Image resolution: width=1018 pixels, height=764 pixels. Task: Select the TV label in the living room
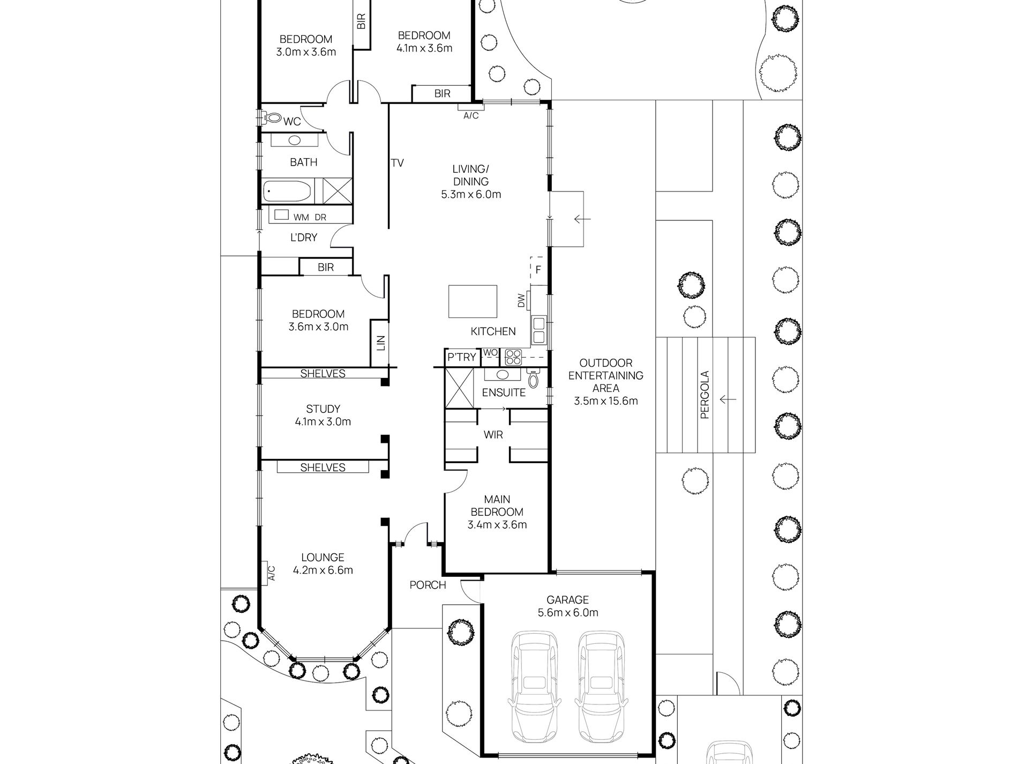397,163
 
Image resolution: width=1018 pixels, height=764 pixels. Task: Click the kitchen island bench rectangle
473,302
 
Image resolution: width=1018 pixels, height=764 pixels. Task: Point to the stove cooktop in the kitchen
513,357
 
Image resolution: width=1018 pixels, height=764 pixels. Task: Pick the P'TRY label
461,357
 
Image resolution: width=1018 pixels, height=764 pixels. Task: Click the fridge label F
538,270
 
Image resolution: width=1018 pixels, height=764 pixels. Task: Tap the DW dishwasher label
521,301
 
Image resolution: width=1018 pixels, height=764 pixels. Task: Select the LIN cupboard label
381,343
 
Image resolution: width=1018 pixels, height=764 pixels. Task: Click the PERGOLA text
705,395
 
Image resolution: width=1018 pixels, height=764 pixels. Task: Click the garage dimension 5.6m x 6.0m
568,613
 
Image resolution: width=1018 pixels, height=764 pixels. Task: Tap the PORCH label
428,585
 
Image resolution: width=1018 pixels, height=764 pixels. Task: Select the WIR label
493,435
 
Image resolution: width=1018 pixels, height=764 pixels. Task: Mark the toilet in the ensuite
533,379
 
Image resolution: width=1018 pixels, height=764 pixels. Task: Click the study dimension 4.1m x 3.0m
323,422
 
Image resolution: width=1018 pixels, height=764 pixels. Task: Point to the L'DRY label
304,238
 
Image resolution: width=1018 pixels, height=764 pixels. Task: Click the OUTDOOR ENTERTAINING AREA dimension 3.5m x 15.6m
606,401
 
